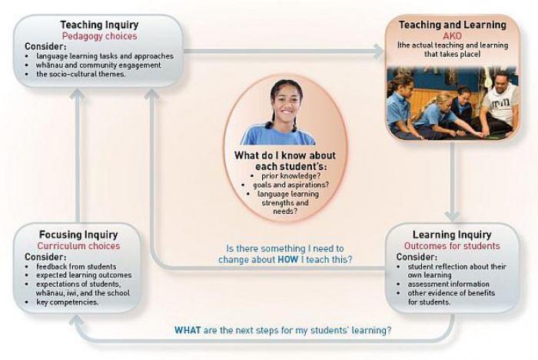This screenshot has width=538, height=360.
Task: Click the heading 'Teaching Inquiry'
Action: click(99, 25)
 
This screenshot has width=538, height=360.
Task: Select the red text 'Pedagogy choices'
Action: click(99, 36)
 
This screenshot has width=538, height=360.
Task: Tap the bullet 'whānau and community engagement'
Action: click(98, 65)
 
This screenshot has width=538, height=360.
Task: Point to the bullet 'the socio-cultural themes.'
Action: click(81, 74)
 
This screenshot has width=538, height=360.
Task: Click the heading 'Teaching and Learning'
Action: click(452, 25)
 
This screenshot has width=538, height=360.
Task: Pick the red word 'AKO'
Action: click(452, 35)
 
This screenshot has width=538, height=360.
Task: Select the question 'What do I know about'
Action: click(285, 155)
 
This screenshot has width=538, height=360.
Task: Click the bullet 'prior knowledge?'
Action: click(291, 176)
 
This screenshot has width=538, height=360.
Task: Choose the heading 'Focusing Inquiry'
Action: click(78, 235)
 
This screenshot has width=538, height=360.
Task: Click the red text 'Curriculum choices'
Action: click(78, 246)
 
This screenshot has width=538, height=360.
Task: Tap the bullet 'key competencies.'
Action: click(68, 302)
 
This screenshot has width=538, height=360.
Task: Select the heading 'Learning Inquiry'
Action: click(452, 235)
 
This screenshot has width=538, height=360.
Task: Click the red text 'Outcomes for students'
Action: click(452, 246)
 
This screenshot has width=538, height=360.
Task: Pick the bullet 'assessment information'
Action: click(448, 284)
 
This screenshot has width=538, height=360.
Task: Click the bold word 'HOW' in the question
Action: click(288, 259)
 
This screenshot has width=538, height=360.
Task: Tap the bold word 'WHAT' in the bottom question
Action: click(188, 331)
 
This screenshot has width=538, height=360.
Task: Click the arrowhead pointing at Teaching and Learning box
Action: click(379, 52)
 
